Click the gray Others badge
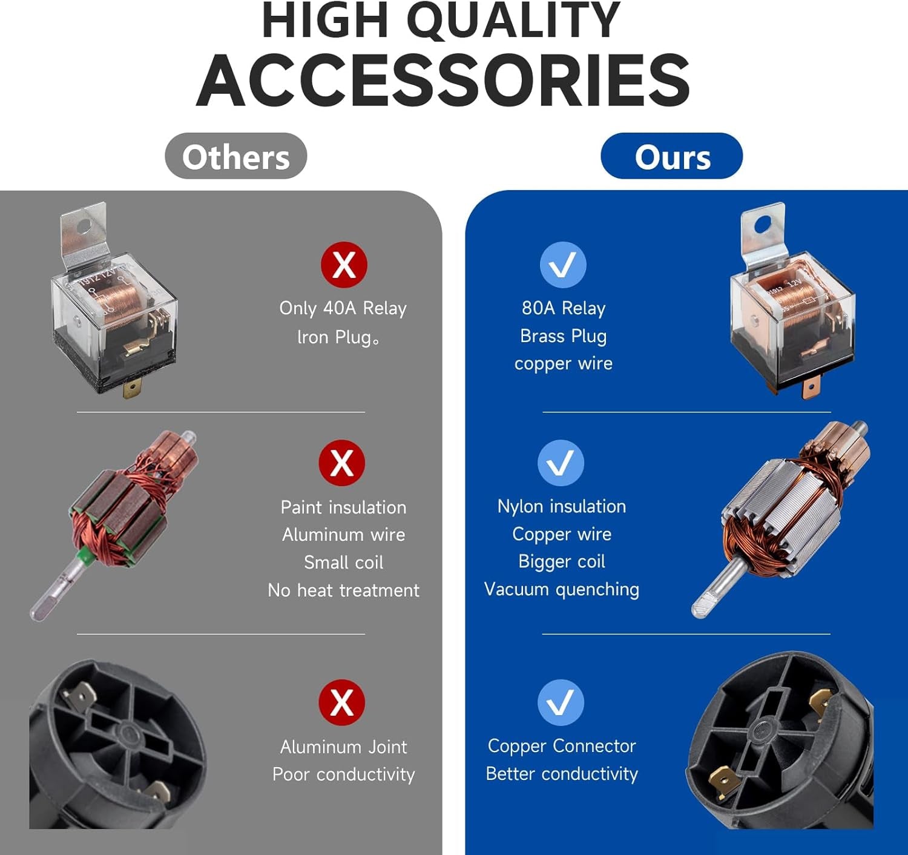pos(235,156)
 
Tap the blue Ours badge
pos(672,156)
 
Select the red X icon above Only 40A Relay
pos(344,265)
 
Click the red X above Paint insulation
pos(342,463)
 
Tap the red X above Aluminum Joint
pos(342,702)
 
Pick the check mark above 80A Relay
pos(563,265)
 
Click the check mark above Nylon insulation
pos(561,463)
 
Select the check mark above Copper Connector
pos(561,702)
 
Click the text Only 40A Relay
pos(343,308)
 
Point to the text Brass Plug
pos(564,336)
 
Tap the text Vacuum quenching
pos(561,590)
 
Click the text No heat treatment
pos(343,590)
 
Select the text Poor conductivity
pos(343,774)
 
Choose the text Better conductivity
pos(561,774)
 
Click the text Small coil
pos(343,563)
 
